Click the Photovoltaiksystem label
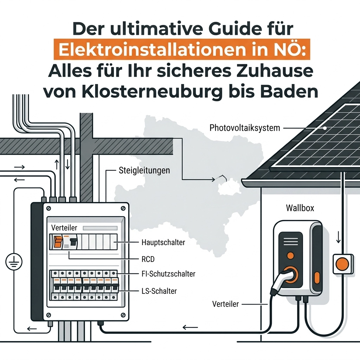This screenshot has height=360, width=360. click(x=245, y=128)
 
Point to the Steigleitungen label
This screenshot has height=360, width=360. click(x=144, y=171)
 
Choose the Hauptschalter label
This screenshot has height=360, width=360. click(x=163, y=242)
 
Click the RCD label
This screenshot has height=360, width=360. click(x=148, y=259)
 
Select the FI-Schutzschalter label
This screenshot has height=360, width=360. click(x=168, y=274)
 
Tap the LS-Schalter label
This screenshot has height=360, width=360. click(x=159, y=291)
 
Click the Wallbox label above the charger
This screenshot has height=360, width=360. click(x=300, y=208)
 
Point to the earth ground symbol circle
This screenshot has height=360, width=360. click(x=14, y=262)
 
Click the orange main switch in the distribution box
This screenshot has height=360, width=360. click(x=58, y=242)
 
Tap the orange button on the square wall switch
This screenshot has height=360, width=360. click(x=342, y=264)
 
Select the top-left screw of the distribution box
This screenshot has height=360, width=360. click(x=49, y=208)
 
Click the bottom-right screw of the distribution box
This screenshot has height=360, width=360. click(x=123, y=315)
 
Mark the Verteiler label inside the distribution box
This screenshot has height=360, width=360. click(x=64, y=227)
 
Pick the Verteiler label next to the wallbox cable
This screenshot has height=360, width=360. click(x=225, y=304)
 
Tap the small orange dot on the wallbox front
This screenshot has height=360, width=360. click(x=290, y=255)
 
